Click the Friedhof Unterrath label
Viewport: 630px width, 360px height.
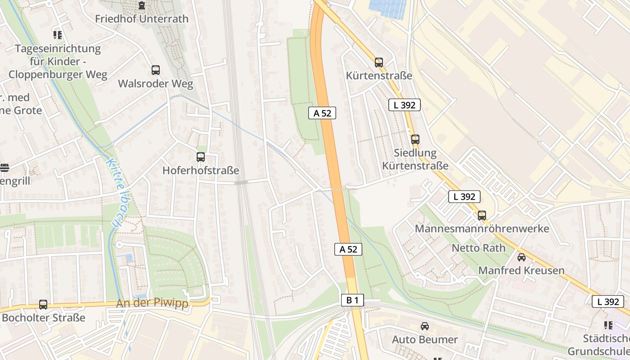coord(141,19)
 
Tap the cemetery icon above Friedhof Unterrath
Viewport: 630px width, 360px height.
coord(142,6)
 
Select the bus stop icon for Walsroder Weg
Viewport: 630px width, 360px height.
coord(155,70)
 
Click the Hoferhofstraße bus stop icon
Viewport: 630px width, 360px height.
coord(201,157)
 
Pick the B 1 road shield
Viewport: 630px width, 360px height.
coord(352,300)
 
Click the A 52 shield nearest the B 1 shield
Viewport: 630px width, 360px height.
coord(348,249)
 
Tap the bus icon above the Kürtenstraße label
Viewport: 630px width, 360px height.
coord(379,62)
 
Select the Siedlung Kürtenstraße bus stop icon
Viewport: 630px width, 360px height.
coord(415,139)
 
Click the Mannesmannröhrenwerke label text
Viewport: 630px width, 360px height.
coord(482,229)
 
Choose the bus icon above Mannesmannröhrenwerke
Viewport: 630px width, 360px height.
coord(482,215)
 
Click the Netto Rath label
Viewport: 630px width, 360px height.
coord(478,248)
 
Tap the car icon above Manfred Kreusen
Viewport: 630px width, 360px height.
coord(521,257)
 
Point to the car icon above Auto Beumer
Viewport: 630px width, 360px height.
coord(424,326)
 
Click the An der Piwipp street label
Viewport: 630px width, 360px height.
coord(152,304)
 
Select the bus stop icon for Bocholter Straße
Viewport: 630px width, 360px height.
coord(43,305)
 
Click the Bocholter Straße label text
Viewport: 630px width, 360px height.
coord(43,318)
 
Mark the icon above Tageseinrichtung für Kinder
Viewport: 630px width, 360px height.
coord(57,35)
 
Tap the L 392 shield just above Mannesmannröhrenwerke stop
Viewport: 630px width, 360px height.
coord(464,197)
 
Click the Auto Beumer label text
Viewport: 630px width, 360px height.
coord(424,339)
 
